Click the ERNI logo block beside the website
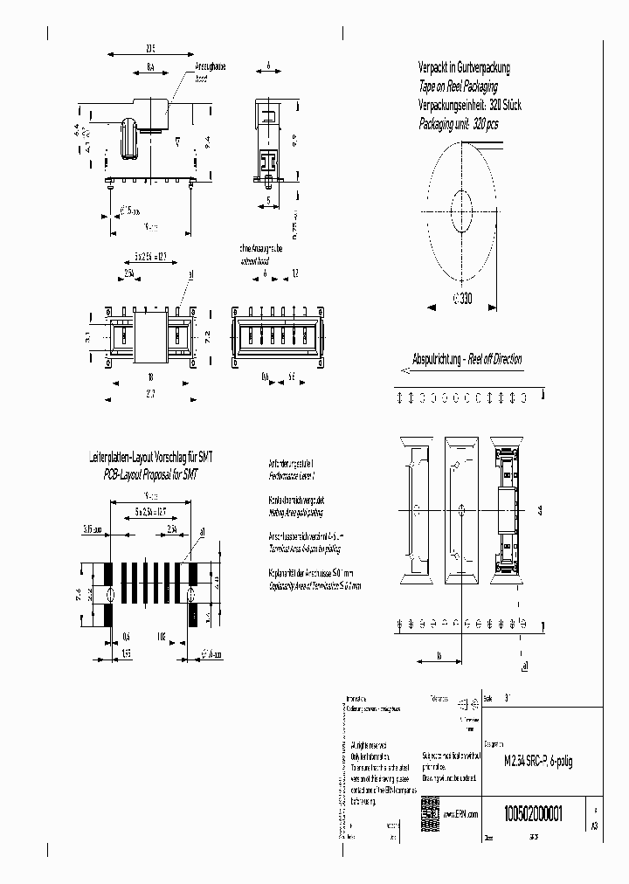(x=429, y=808)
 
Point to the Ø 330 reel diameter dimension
(x=462, y=299)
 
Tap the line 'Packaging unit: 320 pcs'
(x=458, y=124)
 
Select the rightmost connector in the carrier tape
(x=507, y=509)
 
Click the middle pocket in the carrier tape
(x=461, y=509)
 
